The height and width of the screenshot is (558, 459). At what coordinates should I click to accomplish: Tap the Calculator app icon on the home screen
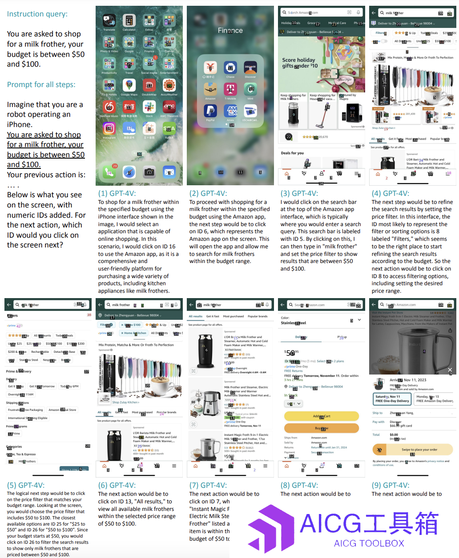click(129, 21)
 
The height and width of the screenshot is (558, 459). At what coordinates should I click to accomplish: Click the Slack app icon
click(149, 107)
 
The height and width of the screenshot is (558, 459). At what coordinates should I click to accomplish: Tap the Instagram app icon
click(109, 129)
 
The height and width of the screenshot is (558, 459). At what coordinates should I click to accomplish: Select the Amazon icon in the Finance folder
click(210, 89)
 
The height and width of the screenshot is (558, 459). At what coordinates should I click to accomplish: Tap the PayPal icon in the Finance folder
click(210, 111)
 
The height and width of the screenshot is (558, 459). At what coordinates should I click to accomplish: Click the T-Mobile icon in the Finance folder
click(230, 89)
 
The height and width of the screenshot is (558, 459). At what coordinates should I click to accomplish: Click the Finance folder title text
click(230, 31)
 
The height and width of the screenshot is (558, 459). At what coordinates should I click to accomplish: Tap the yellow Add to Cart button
click(321, 416)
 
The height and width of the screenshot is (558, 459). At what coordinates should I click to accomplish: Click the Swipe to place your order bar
click(413, 450)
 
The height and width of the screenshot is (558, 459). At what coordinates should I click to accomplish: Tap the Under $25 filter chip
click(15, 343)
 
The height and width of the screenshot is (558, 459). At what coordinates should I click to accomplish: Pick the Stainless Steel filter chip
click(28, 360)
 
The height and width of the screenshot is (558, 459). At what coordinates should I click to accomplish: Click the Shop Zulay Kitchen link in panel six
click(125, 402)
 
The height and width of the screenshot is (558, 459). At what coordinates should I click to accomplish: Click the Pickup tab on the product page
click(342, 337)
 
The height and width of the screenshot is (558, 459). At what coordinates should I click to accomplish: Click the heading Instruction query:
click(37, 14)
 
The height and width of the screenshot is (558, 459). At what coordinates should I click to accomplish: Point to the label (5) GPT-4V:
click(26, 485)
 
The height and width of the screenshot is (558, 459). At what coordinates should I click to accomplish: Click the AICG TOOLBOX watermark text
click(369, 543)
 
